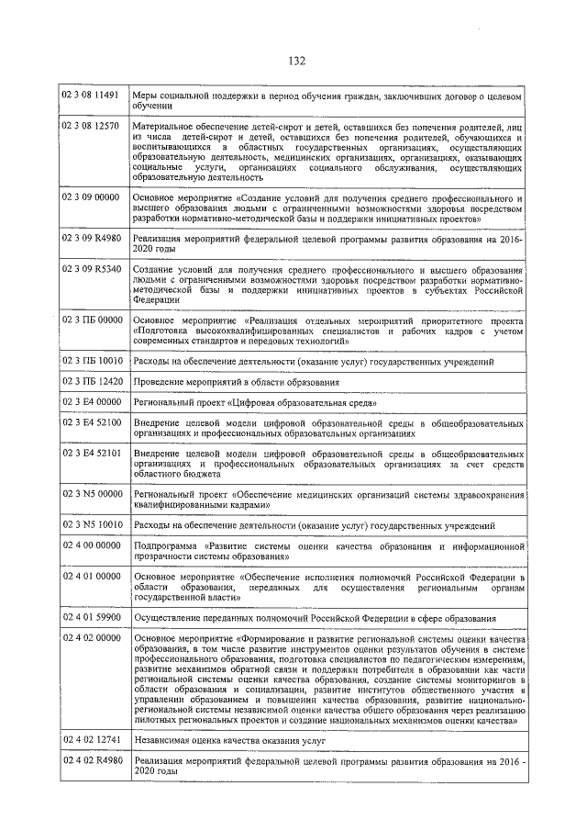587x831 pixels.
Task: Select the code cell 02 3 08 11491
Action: click(91, 95)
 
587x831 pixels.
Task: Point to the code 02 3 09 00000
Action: click(91, 197)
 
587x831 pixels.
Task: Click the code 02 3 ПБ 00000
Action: click(91, 319)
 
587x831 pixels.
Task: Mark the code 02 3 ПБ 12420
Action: click(91, 380)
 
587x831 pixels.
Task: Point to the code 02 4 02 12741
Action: click(91, 739)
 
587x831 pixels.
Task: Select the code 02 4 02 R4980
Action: click(91, 759)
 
